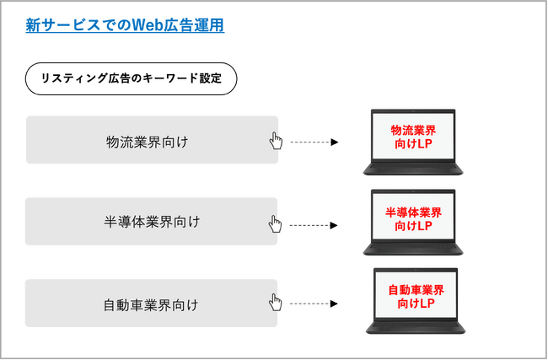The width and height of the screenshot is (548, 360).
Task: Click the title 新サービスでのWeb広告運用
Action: (125, 26)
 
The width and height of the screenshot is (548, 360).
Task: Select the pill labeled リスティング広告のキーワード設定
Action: (132, 79)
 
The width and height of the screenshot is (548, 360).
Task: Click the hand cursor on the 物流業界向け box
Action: (275, 140)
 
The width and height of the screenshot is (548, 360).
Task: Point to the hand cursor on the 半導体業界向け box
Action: (275, 223)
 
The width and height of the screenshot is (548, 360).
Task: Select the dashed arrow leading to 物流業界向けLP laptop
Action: (314, 142)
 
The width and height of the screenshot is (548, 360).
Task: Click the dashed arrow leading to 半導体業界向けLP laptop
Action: (314, 225)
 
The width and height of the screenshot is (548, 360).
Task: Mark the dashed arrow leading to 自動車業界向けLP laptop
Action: (314, 304)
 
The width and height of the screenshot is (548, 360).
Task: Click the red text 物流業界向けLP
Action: (413, 137)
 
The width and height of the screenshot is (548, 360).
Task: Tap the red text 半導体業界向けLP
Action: (413, 218)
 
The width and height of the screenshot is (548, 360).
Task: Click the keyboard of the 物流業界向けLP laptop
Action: (413, 168)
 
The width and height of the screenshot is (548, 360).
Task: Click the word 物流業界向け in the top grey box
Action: (147, 140)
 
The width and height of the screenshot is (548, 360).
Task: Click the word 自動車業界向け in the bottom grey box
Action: (147, 304)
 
